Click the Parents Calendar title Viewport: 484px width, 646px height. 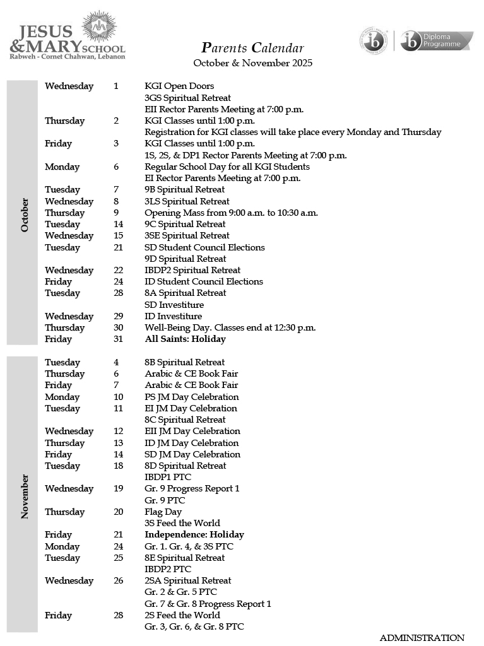(252, 48)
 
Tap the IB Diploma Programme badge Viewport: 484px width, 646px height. (436, 41)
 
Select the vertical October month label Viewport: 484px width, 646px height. (25, 215)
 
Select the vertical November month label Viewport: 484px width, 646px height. (25, 496)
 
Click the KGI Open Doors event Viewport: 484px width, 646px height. (179, 86)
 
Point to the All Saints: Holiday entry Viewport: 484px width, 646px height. (185, 339)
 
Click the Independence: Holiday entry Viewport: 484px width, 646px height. (194, 535)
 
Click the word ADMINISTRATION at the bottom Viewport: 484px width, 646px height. (422, 638)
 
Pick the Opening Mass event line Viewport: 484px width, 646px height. (231, 213)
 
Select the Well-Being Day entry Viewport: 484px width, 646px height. (230, 328)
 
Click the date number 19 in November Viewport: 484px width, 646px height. (118, 489)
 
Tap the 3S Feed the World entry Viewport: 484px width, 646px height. (182, 524)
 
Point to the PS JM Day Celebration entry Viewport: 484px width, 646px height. (192, 397)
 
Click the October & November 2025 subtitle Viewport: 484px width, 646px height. (252, 63)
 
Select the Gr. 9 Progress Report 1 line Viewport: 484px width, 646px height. (192, 489)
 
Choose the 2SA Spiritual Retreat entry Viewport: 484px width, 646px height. (188, 581)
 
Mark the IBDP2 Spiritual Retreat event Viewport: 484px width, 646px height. (192, 271)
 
